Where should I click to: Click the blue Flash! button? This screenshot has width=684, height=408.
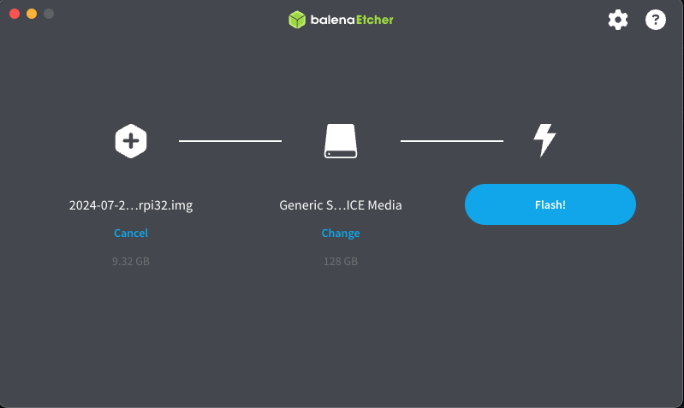(x=550, y=204)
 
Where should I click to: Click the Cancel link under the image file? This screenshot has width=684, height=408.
(x=131, y=233)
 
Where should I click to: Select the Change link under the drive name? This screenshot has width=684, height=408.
(x=341, y=233)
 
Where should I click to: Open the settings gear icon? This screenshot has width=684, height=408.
(x=618, y=20)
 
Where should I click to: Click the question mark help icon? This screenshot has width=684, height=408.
(x=656, y=20)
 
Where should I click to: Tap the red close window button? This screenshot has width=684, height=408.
(x=15, y=14)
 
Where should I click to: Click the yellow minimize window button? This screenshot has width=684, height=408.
(x=32, y=14)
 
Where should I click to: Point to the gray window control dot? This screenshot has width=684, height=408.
(x=49, y=14)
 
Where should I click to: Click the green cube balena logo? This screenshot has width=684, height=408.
(x=297, y=20)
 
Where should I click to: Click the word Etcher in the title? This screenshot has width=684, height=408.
(x=373, y=19)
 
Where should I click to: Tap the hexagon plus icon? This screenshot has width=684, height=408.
(x=131, y=140)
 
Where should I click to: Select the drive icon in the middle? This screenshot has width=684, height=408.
(x=341, y=141)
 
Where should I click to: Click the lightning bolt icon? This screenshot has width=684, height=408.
(x=544, y=140)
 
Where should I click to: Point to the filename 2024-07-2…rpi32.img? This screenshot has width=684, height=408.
(x=131, y=205)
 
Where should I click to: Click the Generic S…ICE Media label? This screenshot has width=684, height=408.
(x=341, y=205)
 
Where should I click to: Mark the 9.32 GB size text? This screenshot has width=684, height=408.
(x=131, y=261)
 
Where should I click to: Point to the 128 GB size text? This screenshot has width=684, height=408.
(x=341, y=261)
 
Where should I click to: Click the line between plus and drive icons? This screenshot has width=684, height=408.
(x=229, y=140)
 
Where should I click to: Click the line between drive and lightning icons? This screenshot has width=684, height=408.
(x=452, y=140)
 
